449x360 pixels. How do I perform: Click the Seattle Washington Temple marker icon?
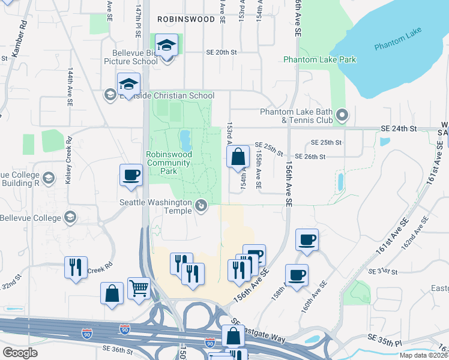coord(201,206)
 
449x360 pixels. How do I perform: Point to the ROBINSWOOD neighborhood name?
coord(185,19)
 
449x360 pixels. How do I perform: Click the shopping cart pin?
coord(139,288)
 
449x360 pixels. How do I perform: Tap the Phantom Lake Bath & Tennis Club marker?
coord(342,113)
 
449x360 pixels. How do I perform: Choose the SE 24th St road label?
coord(399,128)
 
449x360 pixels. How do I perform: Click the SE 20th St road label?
coord(222,52)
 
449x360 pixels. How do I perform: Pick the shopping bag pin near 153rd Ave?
coord(238,157)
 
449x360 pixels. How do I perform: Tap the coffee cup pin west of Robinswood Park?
coord(131,175)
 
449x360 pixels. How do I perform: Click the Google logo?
coord(20,353)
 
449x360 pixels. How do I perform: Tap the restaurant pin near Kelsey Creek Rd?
coord(76,267)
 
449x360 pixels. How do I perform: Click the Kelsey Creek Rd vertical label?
coord(68,160)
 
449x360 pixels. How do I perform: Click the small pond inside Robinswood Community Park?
coord(185,140)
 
